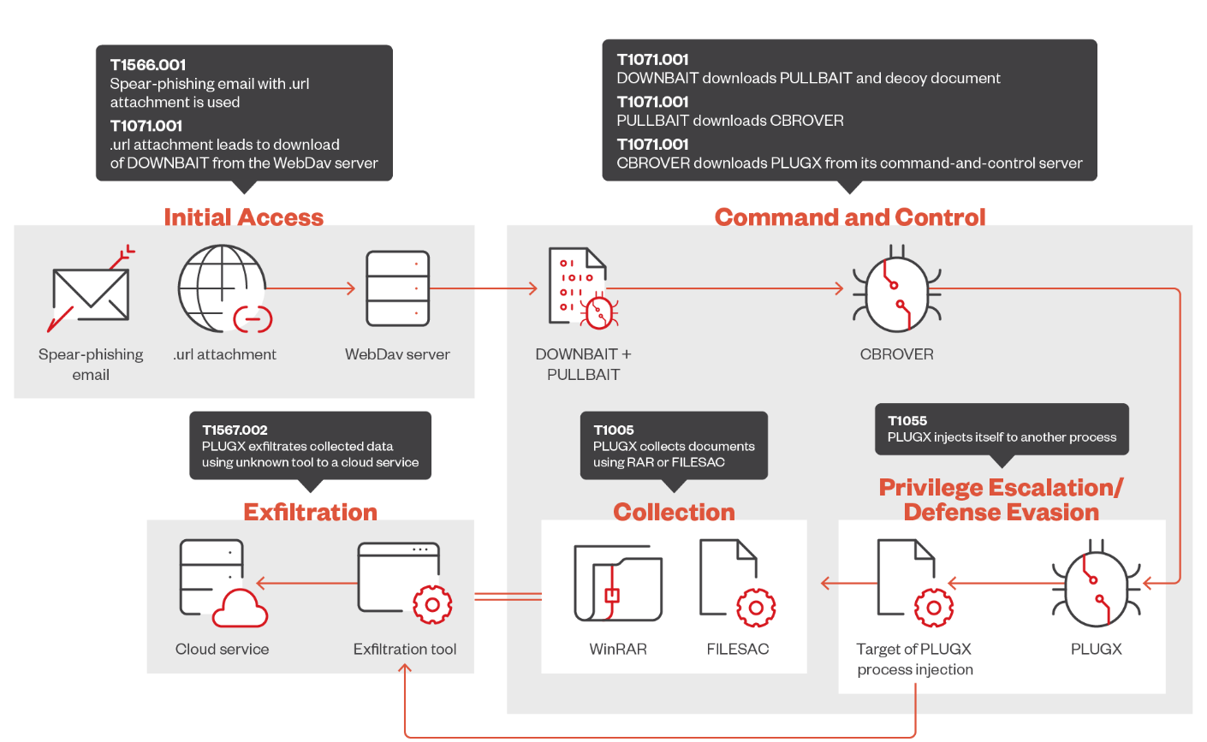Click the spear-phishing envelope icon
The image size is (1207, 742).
pos(91,294)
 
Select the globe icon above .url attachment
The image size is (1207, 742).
pos(222,288)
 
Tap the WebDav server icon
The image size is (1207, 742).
pos(398,288)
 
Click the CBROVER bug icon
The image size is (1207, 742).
pos(896,288)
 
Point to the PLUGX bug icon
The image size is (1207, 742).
pos(1096,583)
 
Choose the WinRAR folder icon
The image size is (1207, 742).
pos(618,584)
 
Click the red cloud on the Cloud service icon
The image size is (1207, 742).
pos(240,608)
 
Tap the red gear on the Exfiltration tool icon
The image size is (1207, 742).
pos(432,604)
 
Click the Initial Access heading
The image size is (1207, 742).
pos(244,217)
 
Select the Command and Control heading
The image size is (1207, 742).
pos(850,217)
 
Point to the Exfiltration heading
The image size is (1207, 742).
pos(311,512)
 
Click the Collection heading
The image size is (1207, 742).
pos(674,512)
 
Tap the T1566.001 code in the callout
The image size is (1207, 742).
pos(148,65)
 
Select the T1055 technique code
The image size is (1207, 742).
pos(907,421)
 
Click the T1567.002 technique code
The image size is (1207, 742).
pos(235,430)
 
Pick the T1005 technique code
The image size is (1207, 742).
pos(614,430)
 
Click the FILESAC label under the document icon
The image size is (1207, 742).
pos(738,650)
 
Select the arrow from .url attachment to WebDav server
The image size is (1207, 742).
pos(311,288)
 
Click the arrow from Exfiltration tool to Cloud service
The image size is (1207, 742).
pos(307,583)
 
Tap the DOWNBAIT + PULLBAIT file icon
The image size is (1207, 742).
pos(583,288)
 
